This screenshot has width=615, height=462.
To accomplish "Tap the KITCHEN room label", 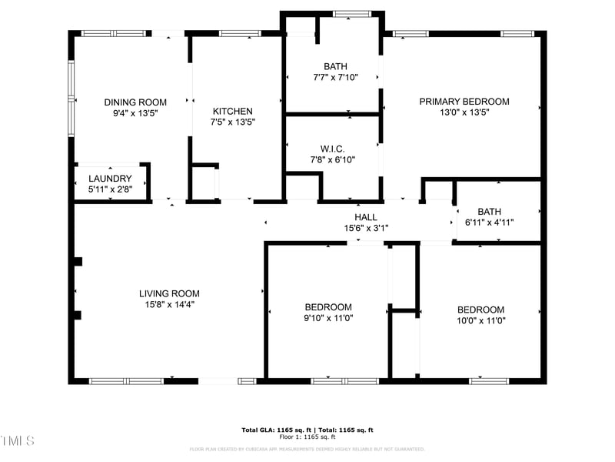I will (x=232, y=111).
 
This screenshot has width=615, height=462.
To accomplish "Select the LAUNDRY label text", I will (x=110, y=179).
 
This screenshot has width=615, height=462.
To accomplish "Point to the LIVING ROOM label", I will (x=169, y=293).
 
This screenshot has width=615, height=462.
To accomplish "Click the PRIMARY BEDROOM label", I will (x=464, y=102).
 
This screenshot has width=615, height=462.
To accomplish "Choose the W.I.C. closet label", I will (x=332, y=149).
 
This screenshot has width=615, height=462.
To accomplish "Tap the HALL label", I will (x=365, y=217).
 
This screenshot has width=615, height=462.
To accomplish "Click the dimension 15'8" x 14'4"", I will (x=169, y=304).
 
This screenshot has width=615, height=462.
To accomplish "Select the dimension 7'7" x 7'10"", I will (x=335, y=77).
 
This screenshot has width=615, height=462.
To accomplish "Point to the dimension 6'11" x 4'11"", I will (x=490, y=223).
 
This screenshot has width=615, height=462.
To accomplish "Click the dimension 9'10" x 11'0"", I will (x=328, y=318).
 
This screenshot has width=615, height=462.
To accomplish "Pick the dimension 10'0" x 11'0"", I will (x=480, y=320).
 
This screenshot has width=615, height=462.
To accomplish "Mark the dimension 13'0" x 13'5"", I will (x=464, y=112).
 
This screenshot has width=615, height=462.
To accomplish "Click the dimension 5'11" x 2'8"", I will (x=110, y=189).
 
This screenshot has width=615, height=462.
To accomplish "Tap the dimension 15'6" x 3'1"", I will (x=365, y=228).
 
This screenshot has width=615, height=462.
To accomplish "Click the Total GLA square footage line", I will (x=307, y=430).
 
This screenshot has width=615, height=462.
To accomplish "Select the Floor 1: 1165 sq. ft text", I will (x=307, y=437).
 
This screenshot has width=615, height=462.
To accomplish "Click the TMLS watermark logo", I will (x=18, y=440).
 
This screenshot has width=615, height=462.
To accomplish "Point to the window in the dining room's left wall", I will (x=71, y=99).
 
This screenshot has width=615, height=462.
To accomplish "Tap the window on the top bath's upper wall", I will (x=351, y=13).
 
